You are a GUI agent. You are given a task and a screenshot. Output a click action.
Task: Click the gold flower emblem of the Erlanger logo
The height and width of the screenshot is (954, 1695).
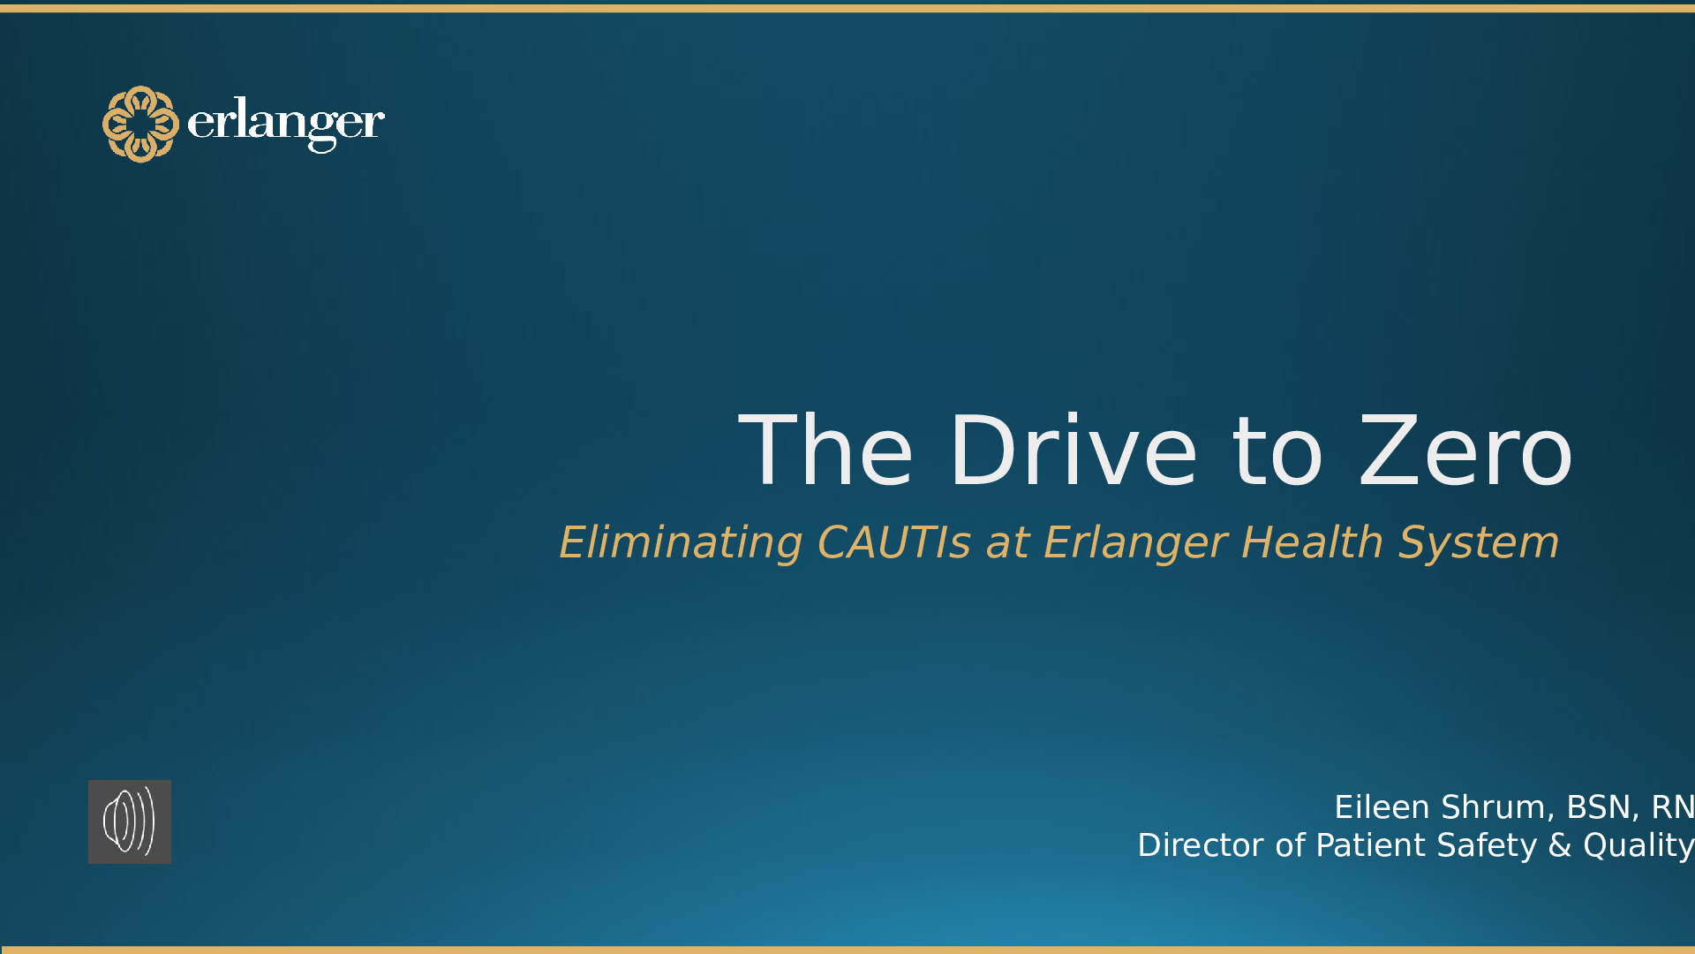coord(140,124)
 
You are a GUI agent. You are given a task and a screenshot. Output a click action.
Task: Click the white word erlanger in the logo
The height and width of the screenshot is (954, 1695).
coord(286,124)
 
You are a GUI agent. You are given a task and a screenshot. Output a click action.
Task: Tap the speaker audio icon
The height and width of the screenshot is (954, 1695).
coord(130,821)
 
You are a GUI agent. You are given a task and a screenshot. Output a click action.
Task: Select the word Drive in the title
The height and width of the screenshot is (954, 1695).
coord(1073,452)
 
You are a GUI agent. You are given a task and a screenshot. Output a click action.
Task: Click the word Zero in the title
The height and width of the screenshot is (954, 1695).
coord(1465,452)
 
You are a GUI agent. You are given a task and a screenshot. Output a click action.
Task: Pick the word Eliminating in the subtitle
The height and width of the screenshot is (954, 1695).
coord(681,542)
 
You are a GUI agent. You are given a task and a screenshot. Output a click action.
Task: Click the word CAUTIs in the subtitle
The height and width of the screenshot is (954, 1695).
coord(893,542)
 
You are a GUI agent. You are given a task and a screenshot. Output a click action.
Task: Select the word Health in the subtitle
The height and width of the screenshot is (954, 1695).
coord(1312,542)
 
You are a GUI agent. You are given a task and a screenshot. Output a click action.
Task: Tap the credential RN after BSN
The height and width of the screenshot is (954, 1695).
coord(1673,807)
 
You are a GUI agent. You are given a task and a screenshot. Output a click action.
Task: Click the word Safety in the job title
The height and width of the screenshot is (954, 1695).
coord(1487,845)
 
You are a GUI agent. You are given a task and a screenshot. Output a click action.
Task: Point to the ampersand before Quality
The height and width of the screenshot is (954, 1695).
coord(1560,845)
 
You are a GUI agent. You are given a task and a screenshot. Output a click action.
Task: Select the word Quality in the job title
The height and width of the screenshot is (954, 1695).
coord(1638,845)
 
